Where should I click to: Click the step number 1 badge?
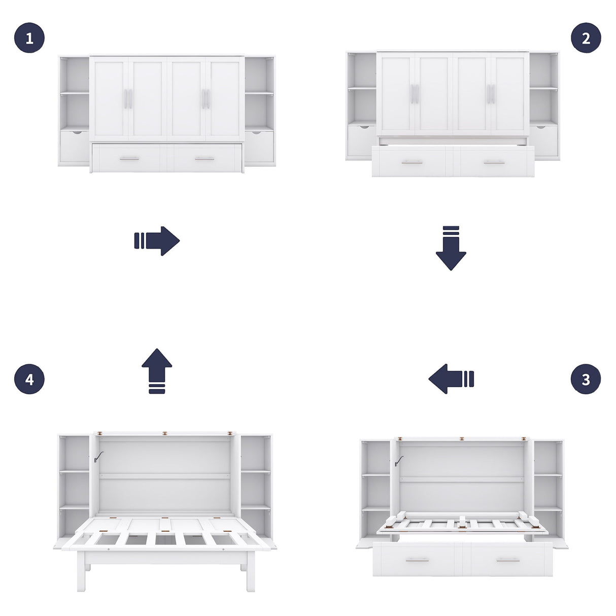(x=29, y=38)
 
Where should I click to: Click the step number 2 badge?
(x=586, y=38)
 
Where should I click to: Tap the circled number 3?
(x=586, y=379)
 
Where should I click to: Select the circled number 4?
(x=29, y=379)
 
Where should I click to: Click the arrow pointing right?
(x=157, y=241)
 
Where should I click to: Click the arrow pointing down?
(x=451, y=248)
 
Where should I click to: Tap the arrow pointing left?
(x=451, y=379)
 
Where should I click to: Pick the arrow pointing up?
(x=157, y=370)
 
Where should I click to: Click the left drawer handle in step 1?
(x=129, y=159)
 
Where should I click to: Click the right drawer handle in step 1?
(x=204, y=159)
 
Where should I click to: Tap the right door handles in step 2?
(x=491, y=94)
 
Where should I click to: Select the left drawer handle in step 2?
(x=412, y=162)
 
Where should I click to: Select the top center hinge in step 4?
(x=165, y=434)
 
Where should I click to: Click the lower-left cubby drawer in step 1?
(x=74, y=146)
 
